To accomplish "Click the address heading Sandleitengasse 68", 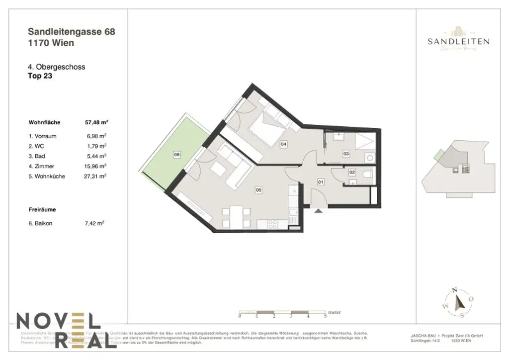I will pyautogui.click(x=72, y=32).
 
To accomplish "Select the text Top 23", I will pyautogui.click(x=40, y=77).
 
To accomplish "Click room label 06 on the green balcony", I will pyautogui.click(x=176, y=155).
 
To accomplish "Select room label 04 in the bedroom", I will pyautogui.click(x=284, y=144).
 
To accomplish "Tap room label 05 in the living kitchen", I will pyautogui.click(x=258, y=189).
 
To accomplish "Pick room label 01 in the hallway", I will pyautogui.click(x=321, y=182).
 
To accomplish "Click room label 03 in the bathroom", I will pyautogui.click(x=346, y=154).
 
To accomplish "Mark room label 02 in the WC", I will pyautogui.click(x=352, y=173).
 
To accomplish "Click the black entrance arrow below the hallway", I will pyautogui.click(x=318, y=211).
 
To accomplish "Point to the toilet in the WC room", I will pyautogui.click(x=366, y=174).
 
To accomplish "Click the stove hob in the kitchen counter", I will pyautogui.click(x=273, y=224).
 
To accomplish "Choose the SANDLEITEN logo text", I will pyautogui.click(x=458, y=42).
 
